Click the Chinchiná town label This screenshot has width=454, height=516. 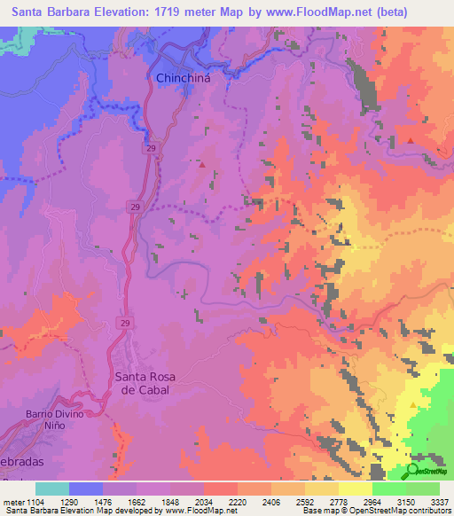(185, 78)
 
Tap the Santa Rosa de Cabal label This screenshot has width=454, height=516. (145, 383)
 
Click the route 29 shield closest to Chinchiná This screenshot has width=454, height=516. (152, 149)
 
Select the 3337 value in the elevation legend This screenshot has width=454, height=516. (438, 502)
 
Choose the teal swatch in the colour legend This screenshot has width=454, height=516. (52, 489)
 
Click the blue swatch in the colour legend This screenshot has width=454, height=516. (86, 489)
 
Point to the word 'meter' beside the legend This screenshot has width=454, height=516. (15, 502)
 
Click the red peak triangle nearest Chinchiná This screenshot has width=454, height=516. (202, 163)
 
